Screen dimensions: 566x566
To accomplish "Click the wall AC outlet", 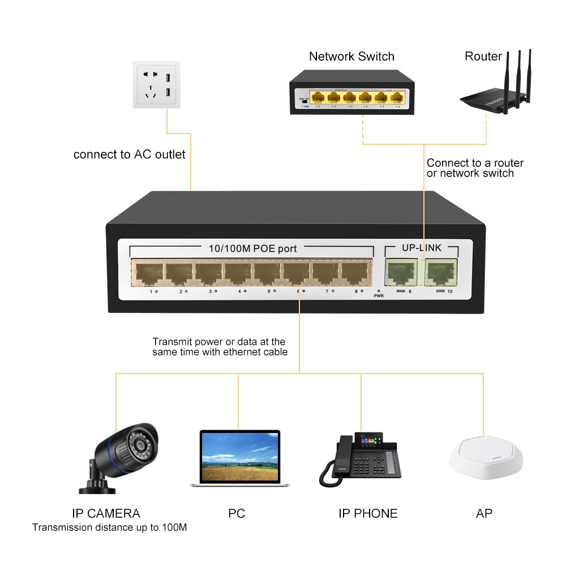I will click(157, 85).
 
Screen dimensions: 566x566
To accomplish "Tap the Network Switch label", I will click(351, 57).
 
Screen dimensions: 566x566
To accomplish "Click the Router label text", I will click(483, 57).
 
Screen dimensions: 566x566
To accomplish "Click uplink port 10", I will click(441, 272).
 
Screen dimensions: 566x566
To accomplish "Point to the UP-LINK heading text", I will click(421, 248).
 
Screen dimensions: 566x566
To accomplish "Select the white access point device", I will click(485, 460).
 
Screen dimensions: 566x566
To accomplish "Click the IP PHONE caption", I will click(368, 513).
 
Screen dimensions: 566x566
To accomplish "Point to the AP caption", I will click(484, 513).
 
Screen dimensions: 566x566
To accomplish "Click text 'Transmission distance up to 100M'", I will click(109, 528).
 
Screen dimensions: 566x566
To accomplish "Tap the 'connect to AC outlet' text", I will click(129, 155).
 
